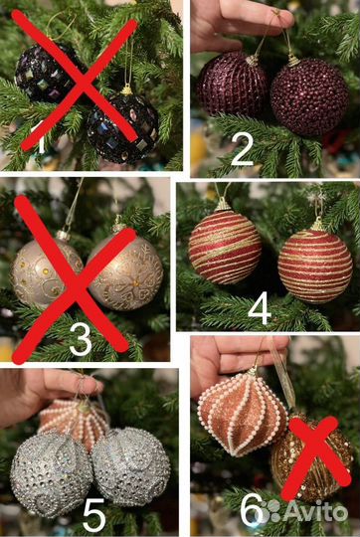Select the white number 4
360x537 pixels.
click(260, 312)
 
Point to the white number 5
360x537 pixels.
click(93, 515)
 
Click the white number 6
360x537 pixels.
click(251, 512)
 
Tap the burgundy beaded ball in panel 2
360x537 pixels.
click(309, 96)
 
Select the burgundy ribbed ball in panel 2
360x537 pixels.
click(232, 84)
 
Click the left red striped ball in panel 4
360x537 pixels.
click(225, 247)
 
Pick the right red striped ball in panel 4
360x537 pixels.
click(315, 267)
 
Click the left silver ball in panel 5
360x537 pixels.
click(51, 474)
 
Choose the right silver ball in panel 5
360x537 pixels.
click(131, 466)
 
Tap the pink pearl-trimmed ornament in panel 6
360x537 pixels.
click(243, 415)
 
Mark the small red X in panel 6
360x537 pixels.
click(315, 457)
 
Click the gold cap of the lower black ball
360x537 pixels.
click(126, 89)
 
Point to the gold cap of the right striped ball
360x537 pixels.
click(317, 225)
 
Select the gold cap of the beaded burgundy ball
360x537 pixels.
click(293, 61)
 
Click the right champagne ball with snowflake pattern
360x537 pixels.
click(125, 272)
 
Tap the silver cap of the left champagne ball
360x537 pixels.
click(63, 236)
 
